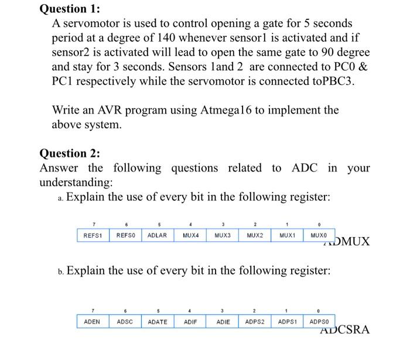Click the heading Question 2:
pyautogui.click(x=69, y=153)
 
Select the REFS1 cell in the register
pyautogui.click(x=93, y=235)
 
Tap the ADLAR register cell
pyautogui.click(x=157, y=235)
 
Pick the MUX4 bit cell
pyautogui.click(x=190, y=235)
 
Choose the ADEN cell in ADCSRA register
pyautogui.click(x=92, y=321)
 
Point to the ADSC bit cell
pyautogui.click(x=124, y=321)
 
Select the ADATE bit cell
pyautogui.click(x=157, y=321)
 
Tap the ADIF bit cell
pyautogui.click(x=190, y=321)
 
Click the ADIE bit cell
pyautogui.click(x=223, y=321)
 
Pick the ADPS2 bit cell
pyautogui.click(x=255, y=321)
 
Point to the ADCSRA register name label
pyautogui.click(x=345, y=330)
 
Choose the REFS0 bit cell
pyautogui.click(x=125, y=235)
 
